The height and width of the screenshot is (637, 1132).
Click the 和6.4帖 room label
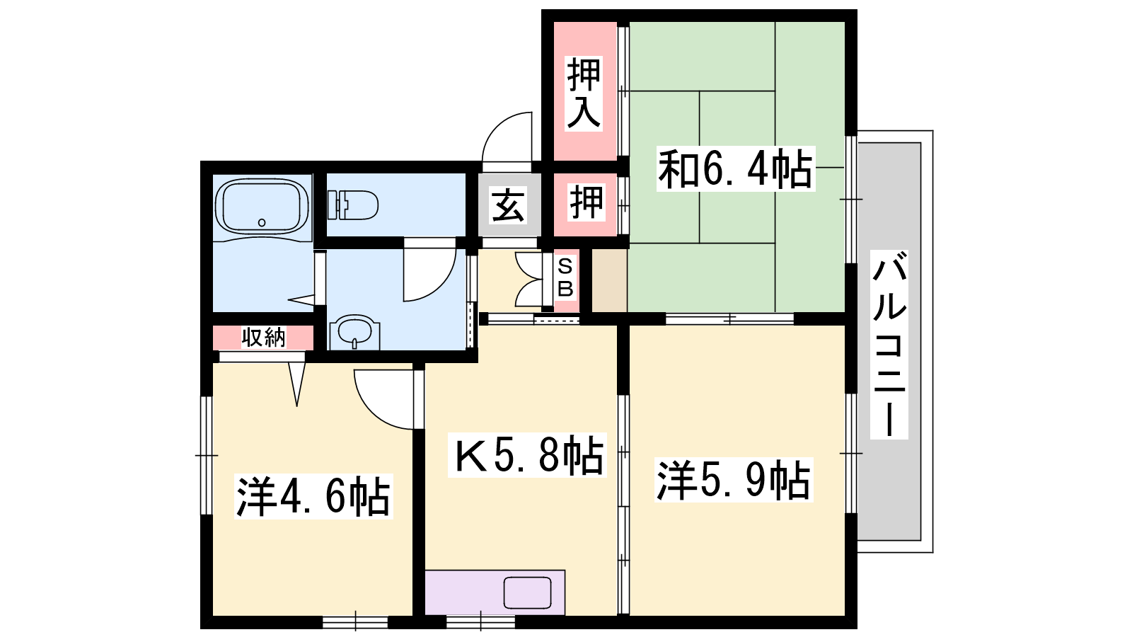coord(735,168)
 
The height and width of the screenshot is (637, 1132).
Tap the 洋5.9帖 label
coord(733,480)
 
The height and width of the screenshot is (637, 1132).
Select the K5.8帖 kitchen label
coord(527,455)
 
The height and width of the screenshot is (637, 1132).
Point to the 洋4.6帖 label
coord(313,496)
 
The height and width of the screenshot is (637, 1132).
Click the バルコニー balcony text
coord(889,344)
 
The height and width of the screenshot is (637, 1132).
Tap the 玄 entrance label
coord(508,205)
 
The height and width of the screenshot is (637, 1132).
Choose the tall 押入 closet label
coord(584,93)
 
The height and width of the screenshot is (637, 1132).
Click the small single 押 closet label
coord(587,203)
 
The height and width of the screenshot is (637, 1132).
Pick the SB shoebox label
coord(565,277)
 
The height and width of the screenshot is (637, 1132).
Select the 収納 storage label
coord(263,337)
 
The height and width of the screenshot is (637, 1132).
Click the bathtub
coord(261,207)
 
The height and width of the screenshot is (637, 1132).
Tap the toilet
coord(353,205)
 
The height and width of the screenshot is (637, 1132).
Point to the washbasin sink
coord(354,332)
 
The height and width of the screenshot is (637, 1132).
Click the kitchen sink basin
coord(527,593)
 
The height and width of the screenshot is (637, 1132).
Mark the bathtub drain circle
coord(262,222)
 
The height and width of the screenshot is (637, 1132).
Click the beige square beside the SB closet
coord(609,280)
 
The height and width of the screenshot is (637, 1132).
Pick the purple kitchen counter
coord(495,592)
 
